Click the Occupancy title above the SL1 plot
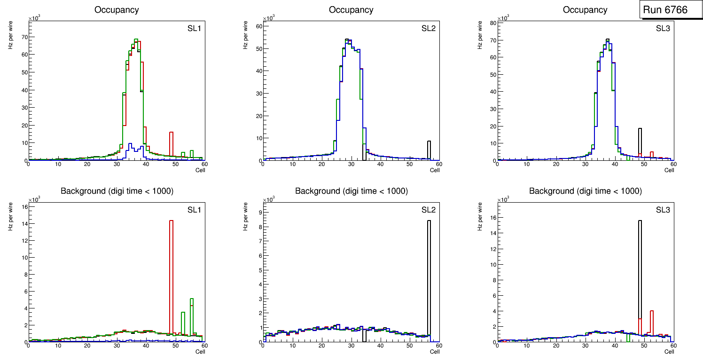click(117, 10)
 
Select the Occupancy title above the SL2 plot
click(351, 10)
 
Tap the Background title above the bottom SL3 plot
click(585, 191)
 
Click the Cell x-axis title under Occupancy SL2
click(435, 170)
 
